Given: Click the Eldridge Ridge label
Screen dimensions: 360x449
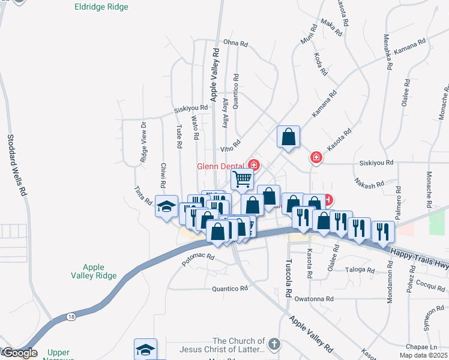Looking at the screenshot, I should (x=102, y=7).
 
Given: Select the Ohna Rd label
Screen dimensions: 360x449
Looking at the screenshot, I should (x=235, y=43).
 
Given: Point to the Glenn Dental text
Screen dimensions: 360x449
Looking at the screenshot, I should (x=220, y=166).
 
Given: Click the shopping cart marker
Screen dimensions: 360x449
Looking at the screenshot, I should (x=242, y=178).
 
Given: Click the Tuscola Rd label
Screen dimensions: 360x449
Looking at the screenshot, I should (x=288, y=278).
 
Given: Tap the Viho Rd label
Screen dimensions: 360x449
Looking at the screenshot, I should (x=230, y=144).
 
